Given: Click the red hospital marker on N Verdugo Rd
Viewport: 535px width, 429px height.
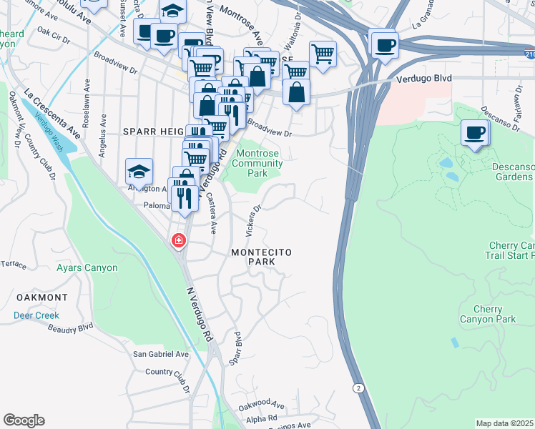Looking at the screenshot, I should (x=177, y=242).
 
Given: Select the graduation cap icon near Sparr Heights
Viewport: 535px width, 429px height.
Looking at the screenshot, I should (x=139, y=172).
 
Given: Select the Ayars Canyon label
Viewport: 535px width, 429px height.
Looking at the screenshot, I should (x=87, y=268).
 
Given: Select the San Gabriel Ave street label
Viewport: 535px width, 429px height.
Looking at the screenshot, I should (x=161, y=354).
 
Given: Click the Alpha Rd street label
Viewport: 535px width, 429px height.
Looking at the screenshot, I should (x=262, y=418).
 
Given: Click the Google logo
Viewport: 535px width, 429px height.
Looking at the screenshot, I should (x=24, y=420).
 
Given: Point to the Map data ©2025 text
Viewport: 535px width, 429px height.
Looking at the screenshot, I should (x=505, y=423).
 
